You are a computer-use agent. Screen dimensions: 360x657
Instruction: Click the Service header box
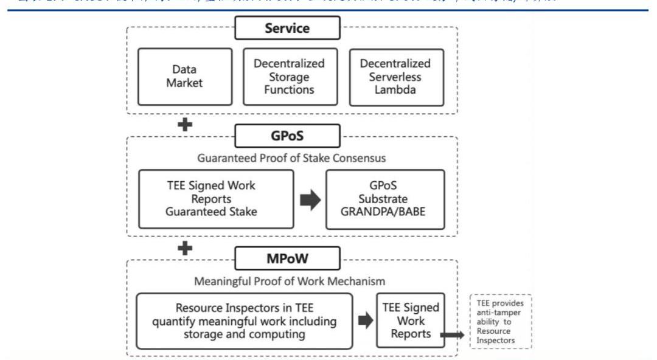click(287, 28)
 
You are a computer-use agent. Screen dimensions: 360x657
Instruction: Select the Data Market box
click(185, 77)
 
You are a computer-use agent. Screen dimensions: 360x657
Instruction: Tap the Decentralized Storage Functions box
click(290, 77)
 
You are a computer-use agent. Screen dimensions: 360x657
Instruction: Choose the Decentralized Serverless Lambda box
click(395, 77)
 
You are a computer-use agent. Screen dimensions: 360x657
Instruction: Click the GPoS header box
click(287, 136)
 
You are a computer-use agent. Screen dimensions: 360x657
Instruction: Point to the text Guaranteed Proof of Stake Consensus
click(291, 158)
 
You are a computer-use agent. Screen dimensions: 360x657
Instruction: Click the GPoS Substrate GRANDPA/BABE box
click(384, 199)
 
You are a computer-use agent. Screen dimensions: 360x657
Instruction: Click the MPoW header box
click(287, 258)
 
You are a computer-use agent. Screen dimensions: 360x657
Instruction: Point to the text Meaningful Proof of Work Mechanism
click(290, 282)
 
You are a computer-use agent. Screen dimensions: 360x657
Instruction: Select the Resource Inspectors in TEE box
click(244, 320)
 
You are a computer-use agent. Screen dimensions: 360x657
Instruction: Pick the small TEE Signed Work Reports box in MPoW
click(411, 320)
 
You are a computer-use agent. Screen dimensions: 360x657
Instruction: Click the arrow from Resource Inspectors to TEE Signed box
click(365, 321)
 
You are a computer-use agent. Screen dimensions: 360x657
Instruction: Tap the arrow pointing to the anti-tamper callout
click(453, 334)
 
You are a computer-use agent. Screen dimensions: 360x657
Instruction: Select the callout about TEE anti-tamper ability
click(501, 322)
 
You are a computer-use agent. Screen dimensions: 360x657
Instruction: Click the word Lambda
click(395, 90)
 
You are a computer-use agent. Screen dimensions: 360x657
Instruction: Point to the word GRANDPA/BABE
click(384, 212)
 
